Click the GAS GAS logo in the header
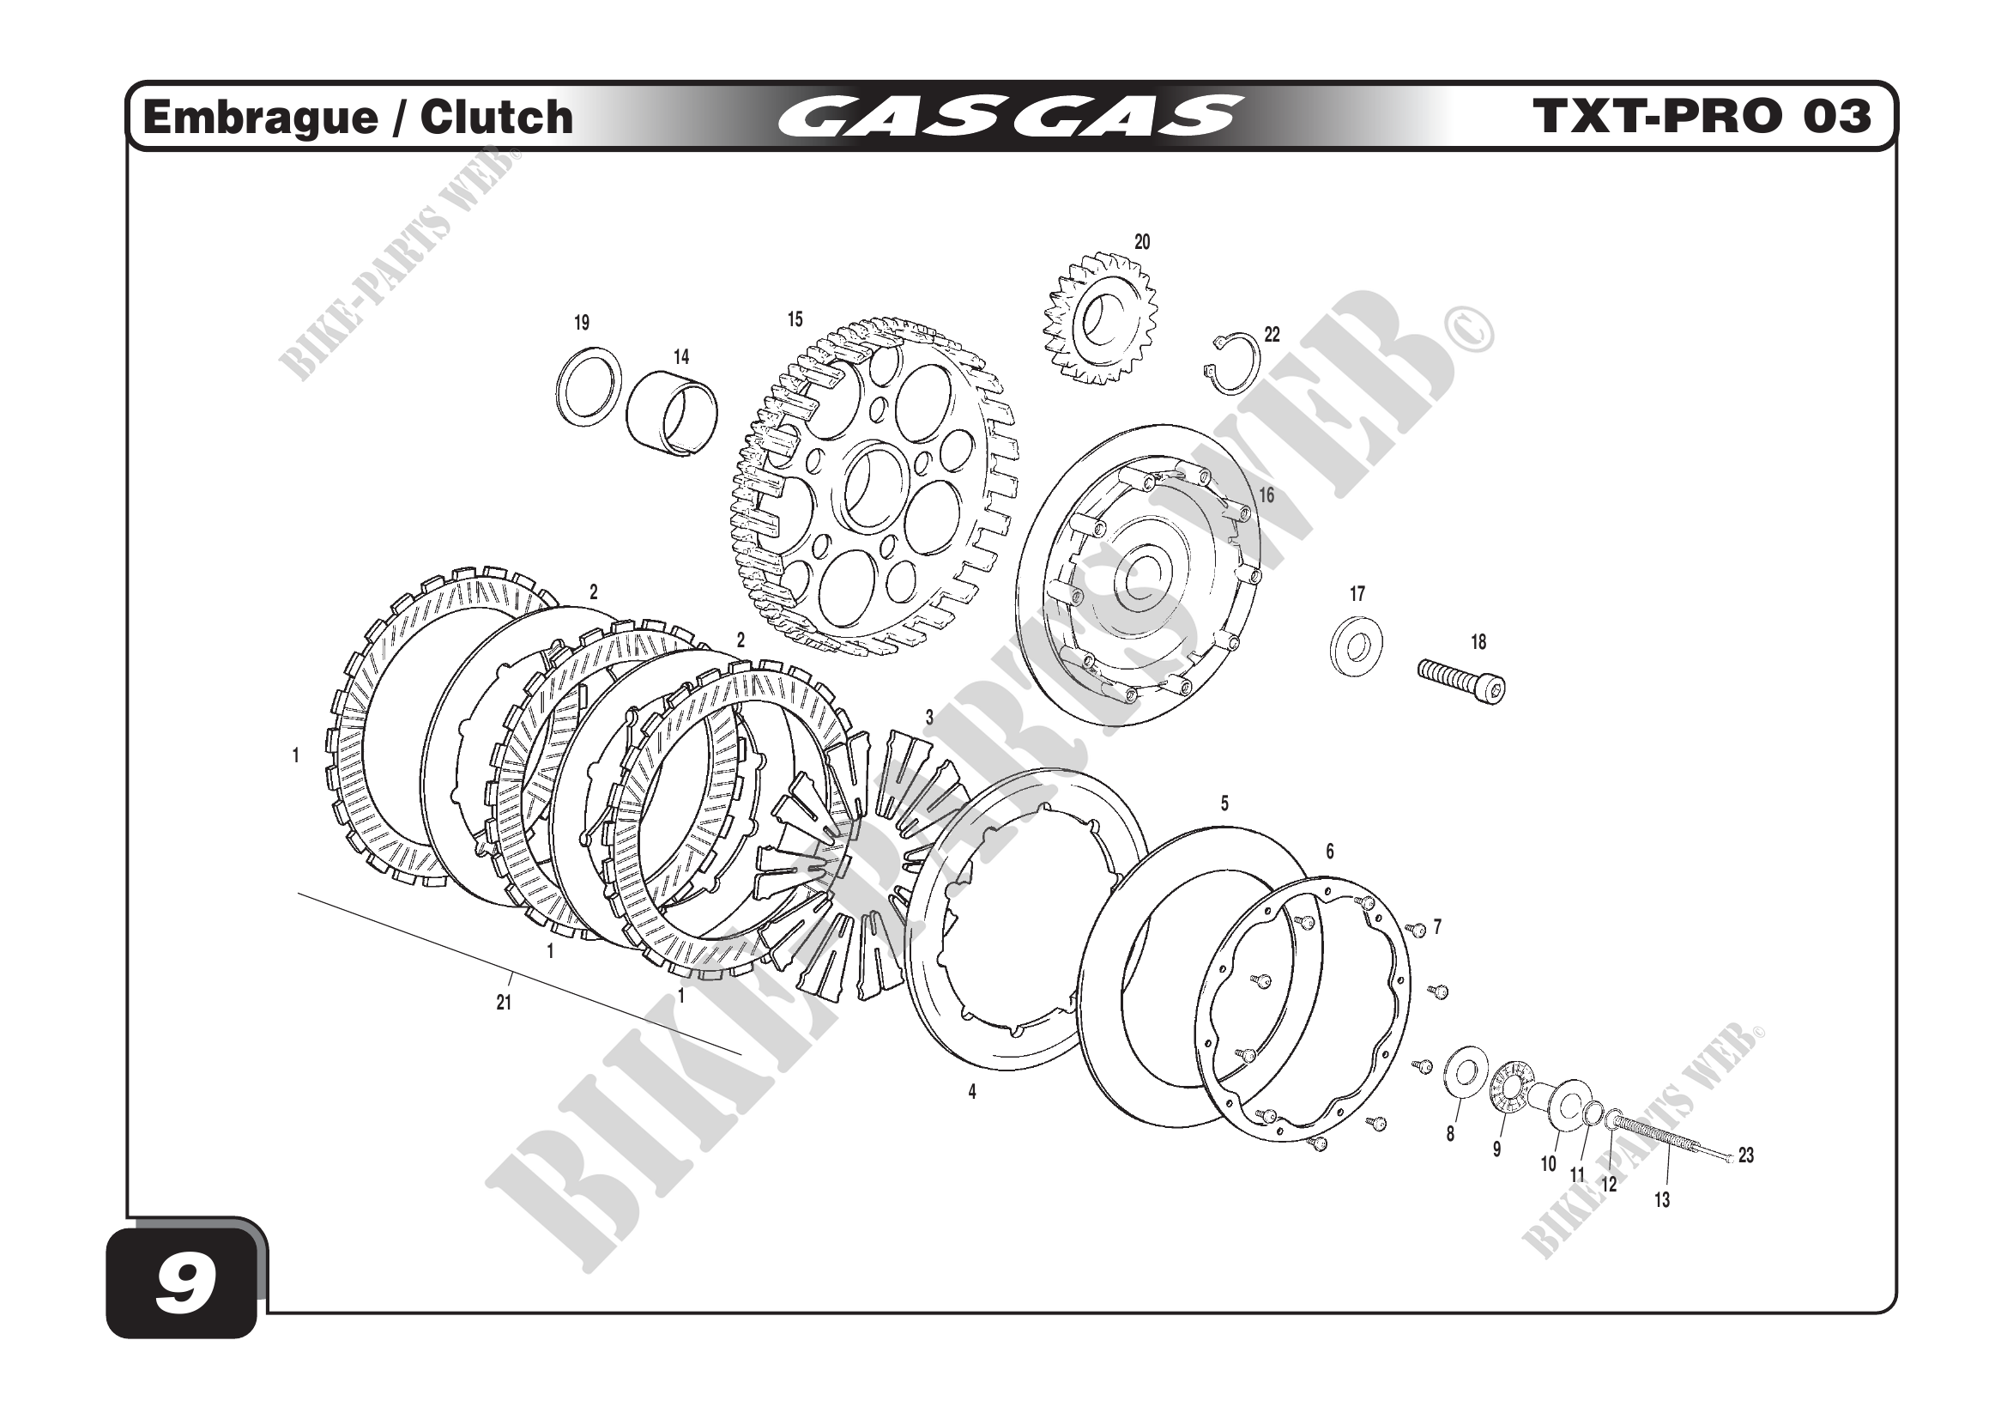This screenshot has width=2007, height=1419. pos(1010,117)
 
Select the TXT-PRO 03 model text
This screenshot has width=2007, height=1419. pos(1702,116)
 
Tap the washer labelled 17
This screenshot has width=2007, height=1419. pos(1356,648)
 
